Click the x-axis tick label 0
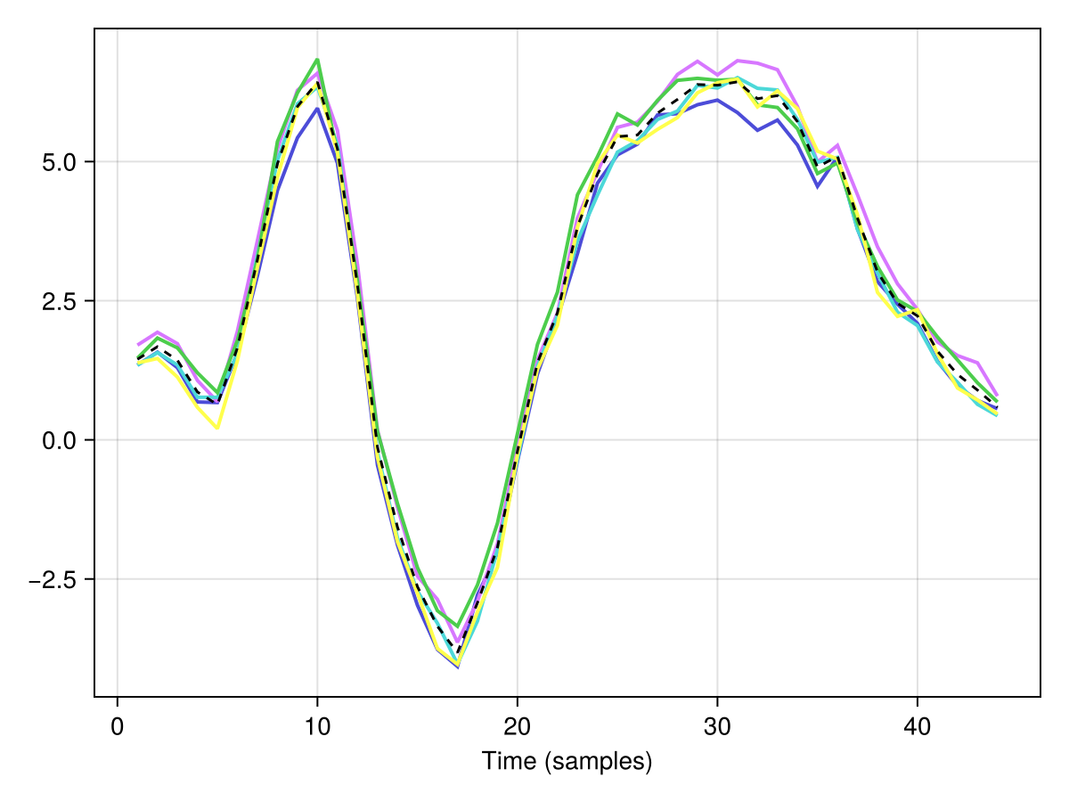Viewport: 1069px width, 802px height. tap(117, 727)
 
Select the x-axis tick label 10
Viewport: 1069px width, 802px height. tap(317, 727)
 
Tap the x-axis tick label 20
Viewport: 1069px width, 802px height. tap(518, 727)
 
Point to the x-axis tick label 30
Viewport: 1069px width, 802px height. tap(717, 727)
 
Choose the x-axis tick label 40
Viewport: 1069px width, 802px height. tap(917, 727)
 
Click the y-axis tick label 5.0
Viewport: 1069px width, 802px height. tap(60, 162)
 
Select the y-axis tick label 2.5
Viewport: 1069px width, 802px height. tap(60, 301)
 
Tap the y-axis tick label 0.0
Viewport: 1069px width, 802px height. tap(60, 441)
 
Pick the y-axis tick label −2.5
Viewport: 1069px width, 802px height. tap(53, 580)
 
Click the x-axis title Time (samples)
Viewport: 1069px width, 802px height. tap(567, 762)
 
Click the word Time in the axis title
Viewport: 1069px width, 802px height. tap(509, 761)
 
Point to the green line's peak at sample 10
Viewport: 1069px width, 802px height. tap(317, 60)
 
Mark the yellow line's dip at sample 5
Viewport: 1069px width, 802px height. tap(217, 428)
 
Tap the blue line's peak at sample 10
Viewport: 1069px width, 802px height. tap(317, 108)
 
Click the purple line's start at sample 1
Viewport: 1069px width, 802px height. tap(138, 345)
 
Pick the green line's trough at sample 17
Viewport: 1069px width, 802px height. tap(457, 626)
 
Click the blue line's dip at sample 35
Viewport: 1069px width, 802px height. tap(818, 186)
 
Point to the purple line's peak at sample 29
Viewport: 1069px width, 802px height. tap(698, 61)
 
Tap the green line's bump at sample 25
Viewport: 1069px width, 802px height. tap(617, 113)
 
